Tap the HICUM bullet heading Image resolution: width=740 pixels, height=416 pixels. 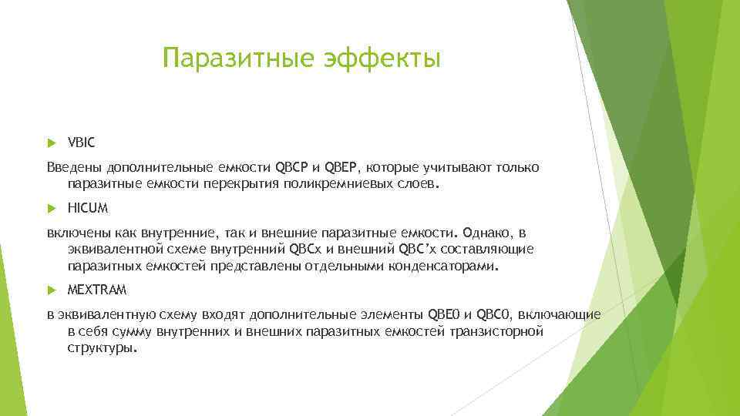click(x=88, y=208)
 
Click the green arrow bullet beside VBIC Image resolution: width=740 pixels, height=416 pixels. click(x=52, y=143)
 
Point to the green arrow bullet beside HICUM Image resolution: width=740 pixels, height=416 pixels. click(x=52, y=209)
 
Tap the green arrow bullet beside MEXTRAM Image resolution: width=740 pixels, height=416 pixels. click(x=52, y=290)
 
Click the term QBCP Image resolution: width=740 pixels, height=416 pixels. click(x=291, y=167)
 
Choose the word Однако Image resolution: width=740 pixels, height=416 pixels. click(x=488, y=233)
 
